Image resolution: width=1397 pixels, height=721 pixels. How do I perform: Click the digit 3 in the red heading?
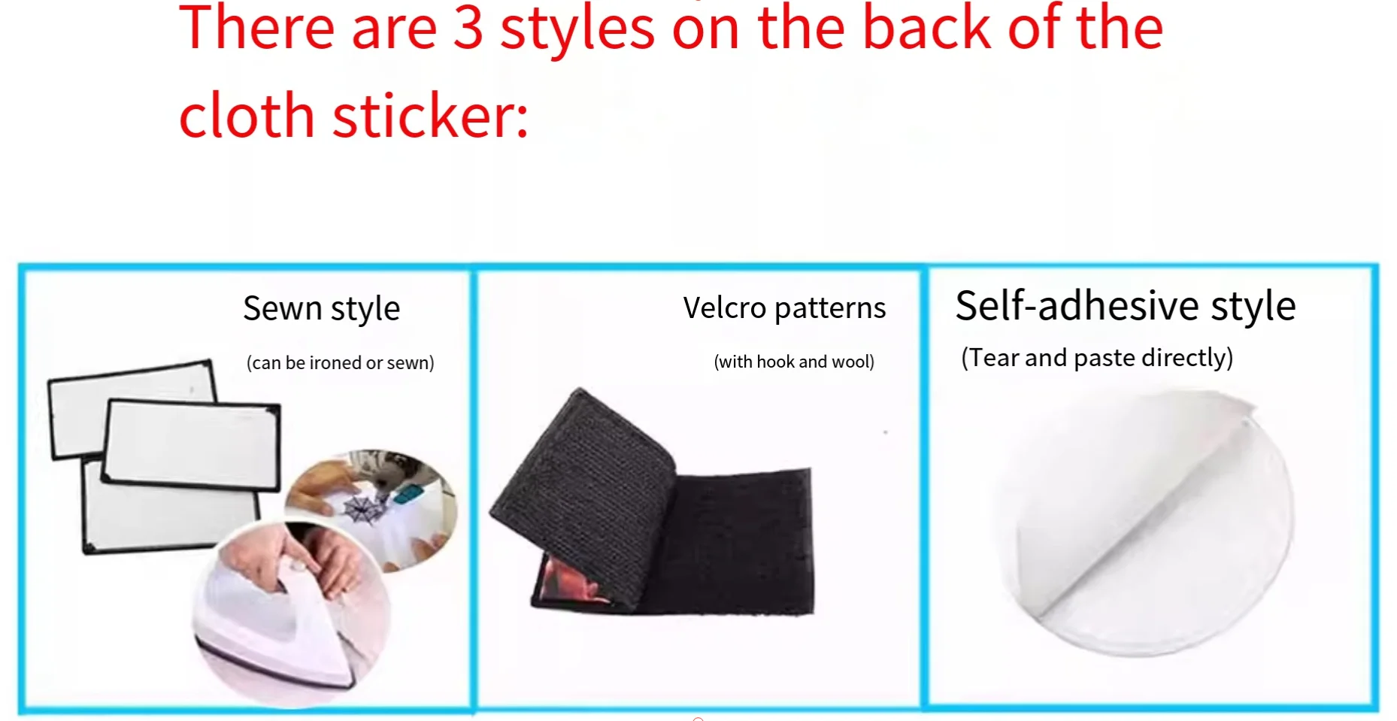(468, 29)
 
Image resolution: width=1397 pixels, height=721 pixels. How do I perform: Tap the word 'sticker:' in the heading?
(431, 117)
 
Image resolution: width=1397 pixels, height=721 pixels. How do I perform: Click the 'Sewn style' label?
(322, 309)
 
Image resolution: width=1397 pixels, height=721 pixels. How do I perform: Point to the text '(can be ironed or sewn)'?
(341, 362)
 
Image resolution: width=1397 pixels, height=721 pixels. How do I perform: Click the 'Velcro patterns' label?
(785, 308)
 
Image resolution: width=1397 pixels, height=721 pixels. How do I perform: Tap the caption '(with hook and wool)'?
(794, 362)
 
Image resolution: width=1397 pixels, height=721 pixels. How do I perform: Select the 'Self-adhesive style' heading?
(1126, 306)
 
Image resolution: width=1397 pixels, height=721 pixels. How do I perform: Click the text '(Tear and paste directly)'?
(1097, 358)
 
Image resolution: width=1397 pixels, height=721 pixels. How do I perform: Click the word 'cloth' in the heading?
(247, 117)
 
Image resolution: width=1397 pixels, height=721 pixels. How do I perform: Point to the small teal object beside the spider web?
(407, 494)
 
